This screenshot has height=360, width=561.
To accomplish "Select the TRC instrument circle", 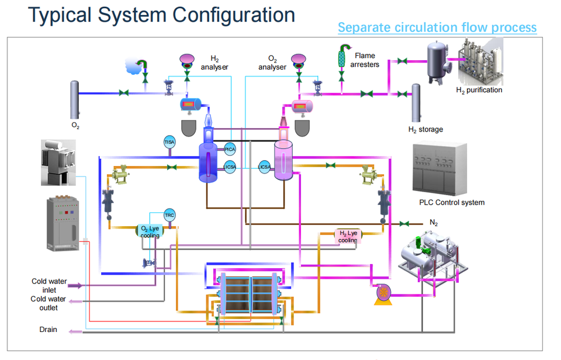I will click(x=169, y=215).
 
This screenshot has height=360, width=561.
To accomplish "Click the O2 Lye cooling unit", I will click(x=150, y=231).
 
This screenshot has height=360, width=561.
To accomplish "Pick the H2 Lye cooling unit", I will click(x=348, y=236).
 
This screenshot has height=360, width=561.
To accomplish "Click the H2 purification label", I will click(x=479, y=90).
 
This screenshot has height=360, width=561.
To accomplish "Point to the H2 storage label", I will click(x=425, y=129).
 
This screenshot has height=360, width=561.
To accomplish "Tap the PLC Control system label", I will click(x=452, y=203).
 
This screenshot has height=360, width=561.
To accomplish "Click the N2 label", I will click(x=434, y=222).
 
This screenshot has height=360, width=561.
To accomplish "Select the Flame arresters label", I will click(x=365, y=60).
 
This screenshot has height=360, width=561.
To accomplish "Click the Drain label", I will click(x=49, y=330).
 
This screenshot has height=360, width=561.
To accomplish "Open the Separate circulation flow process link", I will click(x=437, y=27).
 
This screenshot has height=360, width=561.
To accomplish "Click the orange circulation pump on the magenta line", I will click(x=383, y=292).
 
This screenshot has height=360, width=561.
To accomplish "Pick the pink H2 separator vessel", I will click(x=283, y=159).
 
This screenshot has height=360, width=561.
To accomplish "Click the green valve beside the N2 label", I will click(x=403, y=223).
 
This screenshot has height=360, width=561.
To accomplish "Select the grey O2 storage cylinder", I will click(x=75, y=99).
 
